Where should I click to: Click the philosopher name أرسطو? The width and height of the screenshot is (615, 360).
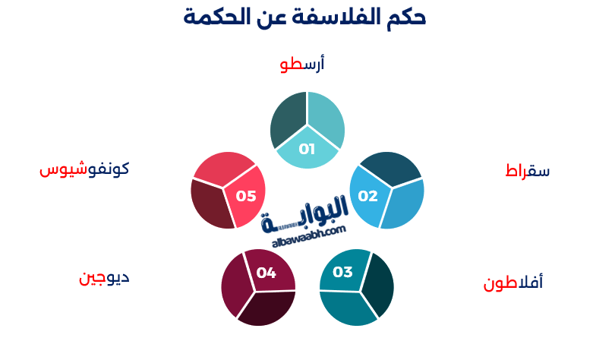click(301, 64)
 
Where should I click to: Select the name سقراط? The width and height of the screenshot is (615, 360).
click(528, 171)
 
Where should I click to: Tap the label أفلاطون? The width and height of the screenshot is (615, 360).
click(513, 283)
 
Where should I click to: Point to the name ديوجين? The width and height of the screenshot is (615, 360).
click(104, 276)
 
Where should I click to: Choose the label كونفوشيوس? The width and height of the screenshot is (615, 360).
click(84, 169)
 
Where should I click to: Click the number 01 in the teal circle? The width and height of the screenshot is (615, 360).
click(307, 149)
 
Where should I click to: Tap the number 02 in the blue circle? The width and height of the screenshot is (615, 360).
click(367, 196)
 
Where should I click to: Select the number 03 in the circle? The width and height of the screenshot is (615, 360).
click(343, 272)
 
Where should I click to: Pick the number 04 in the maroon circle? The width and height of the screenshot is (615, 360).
click(266, 272)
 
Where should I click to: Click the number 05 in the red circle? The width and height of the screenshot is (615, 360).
click(246, 196)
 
